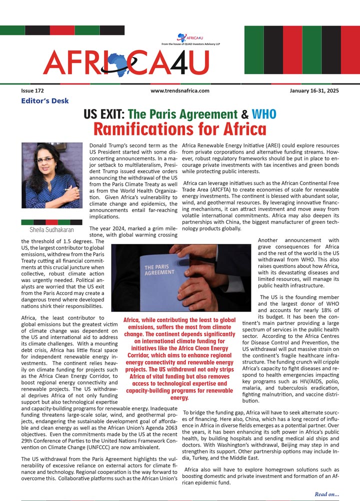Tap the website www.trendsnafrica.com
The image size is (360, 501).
[x=179, y=91]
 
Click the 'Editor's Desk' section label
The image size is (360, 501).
[x=45, y=101]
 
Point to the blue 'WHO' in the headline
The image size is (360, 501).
[x=263, y=114]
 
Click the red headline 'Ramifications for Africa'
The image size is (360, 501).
[x=179, y=129]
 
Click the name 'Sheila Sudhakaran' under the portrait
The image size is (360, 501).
[x=51, y=230]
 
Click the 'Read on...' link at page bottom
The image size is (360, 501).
[x=326, y=494]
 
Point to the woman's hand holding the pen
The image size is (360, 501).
[x=74, y=192]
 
